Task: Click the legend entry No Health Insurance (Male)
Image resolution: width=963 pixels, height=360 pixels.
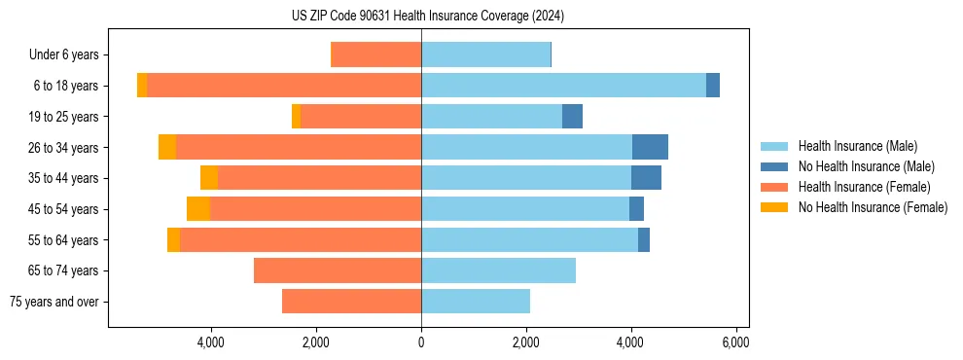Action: tap(866, 166)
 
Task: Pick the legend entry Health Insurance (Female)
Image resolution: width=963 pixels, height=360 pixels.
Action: tap(864, 187)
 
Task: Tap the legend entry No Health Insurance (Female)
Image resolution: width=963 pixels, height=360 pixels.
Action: tap(873, 207)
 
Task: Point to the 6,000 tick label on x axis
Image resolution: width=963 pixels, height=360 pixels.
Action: tap(735, 342)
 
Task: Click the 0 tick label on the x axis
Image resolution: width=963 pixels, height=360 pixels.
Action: tap(421, 342)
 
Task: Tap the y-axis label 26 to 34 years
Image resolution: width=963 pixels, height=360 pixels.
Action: tap(65, 147)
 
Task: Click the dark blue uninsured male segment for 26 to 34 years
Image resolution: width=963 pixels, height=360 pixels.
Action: tap(650, 147)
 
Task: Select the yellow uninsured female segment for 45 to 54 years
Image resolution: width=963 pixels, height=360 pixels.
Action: tap(198, 209)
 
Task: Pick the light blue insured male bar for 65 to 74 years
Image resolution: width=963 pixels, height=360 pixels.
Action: tap(498, 270)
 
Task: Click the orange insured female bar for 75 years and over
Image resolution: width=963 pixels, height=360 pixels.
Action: tap(351, 302)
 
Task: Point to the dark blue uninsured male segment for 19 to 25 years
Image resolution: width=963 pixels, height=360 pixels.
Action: tap(572, 117)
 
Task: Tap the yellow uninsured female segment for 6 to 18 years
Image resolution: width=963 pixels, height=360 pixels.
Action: tap(142, 86)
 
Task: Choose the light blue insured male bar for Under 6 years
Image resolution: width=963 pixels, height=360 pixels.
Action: tap(485, 54)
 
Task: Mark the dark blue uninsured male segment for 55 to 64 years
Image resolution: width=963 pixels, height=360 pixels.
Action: tap(644, 240)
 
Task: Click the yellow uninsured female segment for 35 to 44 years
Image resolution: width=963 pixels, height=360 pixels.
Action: tap(209, 178)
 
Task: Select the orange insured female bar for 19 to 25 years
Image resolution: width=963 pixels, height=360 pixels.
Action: tap(361, 117)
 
